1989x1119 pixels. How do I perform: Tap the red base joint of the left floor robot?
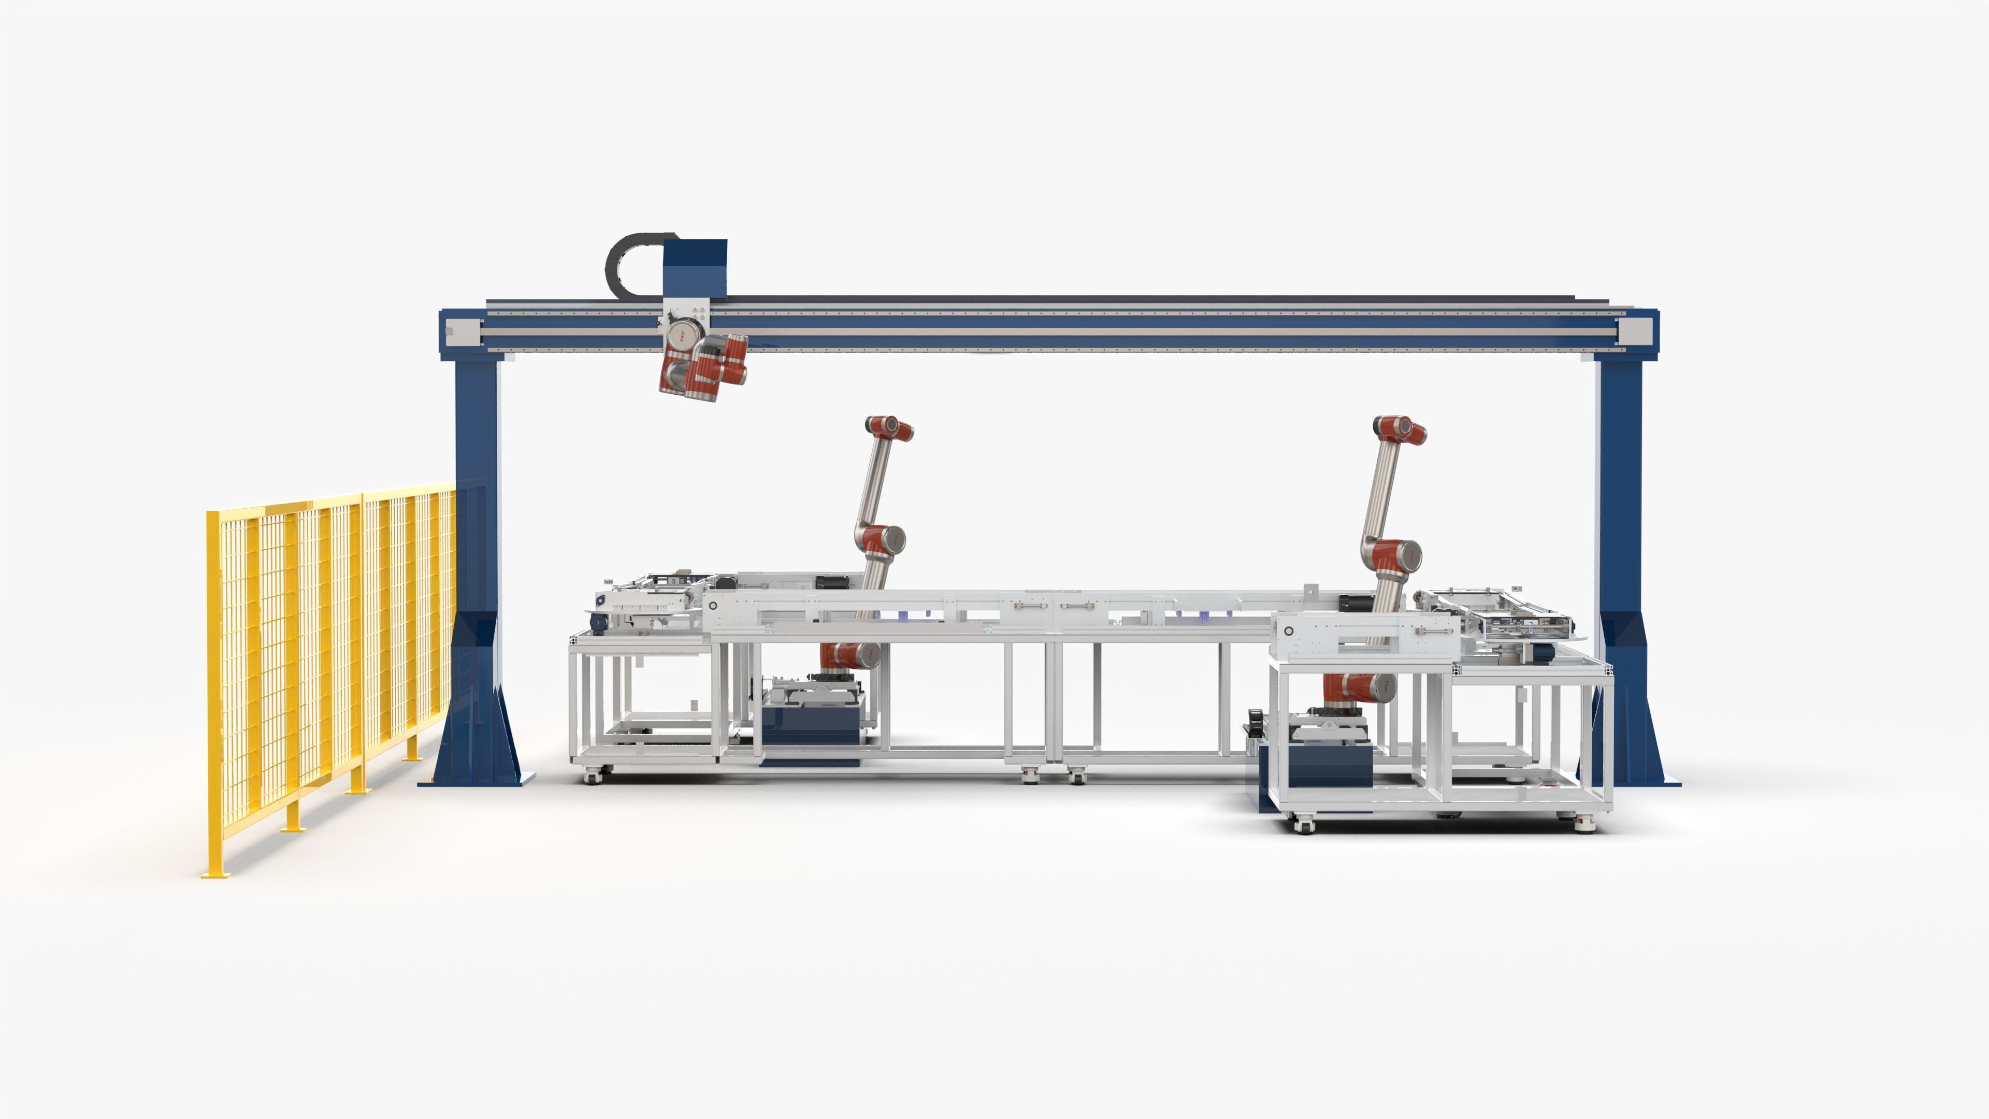point(848,656)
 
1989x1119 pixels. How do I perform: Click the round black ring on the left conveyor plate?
point(713,606)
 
